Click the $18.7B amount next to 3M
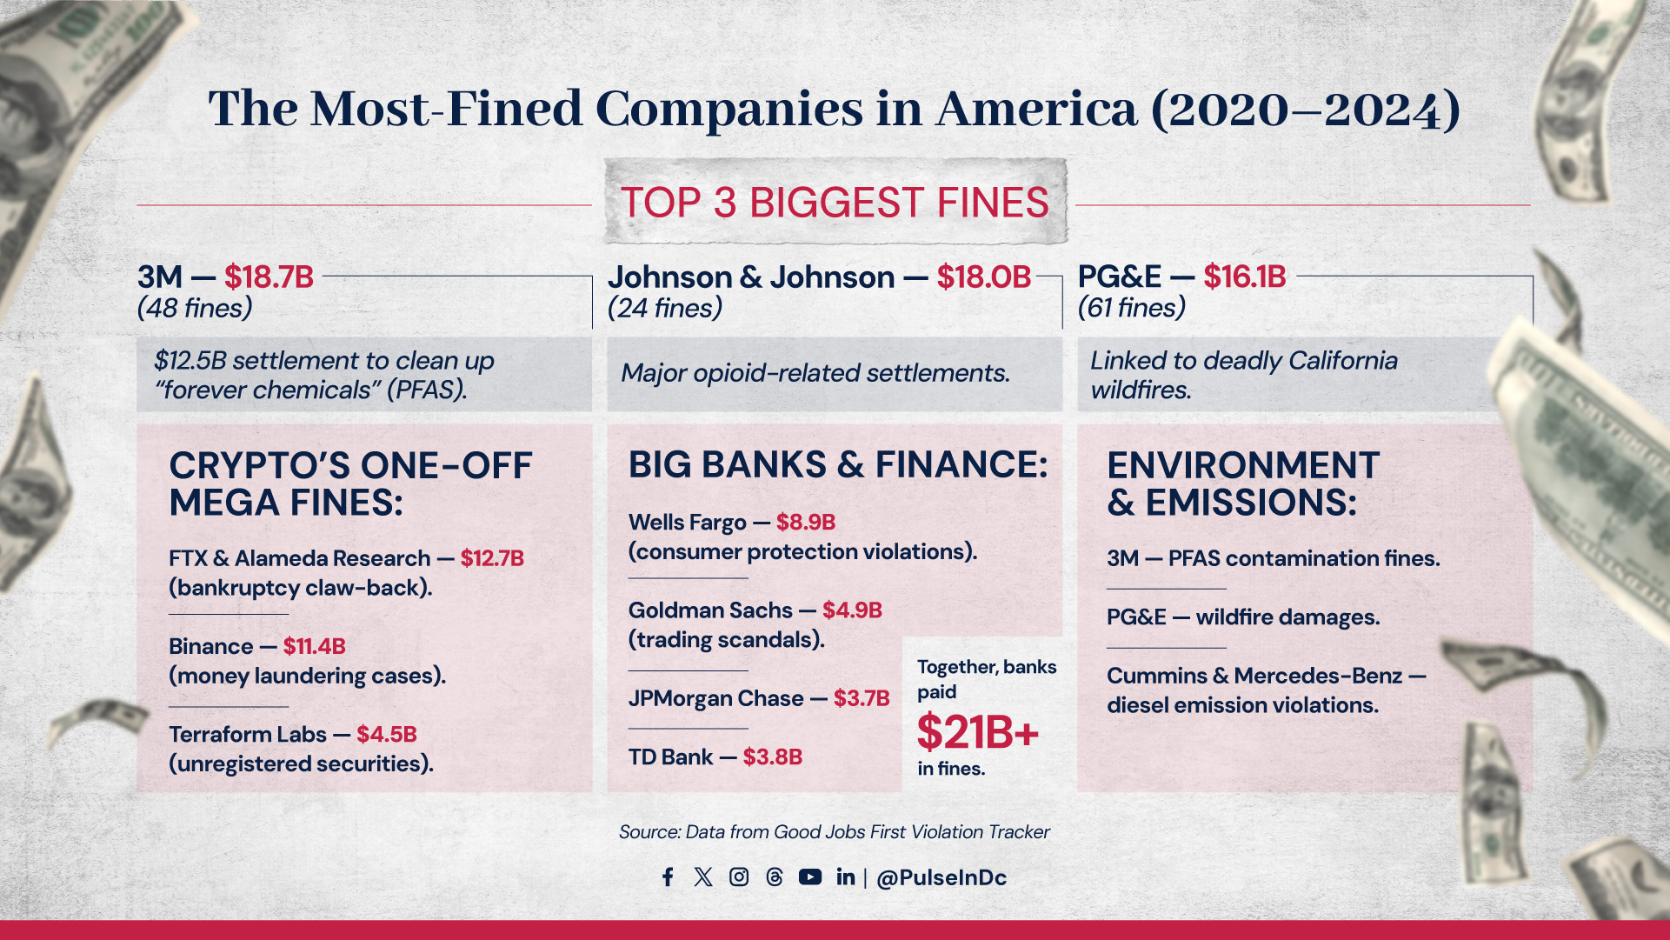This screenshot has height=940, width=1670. coord(269,277)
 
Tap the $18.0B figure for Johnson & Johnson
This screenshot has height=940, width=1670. coord(983,277)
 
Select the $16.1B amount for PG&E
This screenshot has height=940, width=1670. coord(1244,277)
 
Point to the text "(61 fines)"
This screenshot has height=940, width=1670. coord(1131,308)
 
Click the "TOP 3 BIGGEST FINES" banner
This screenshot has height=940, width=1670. coord(835,203)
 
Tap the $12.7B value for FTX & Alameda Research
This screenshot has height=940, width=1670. coord(492,558)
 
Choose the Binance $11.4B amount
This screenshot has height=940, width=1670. coord(314,646)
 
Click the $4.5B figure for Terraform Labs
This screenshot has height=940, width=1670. coord(386,734)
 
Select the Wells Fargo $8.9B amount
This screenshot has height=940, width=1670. coord(805,522)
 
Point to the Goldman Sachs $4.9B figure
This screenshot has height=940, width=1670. coord(852,610)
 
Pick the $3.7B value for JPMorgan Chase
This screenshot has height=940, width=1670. coord(861,698)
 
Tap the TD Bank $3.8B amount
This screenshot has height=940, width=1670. coord(772,757)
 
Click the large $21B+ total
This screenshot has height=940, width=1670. coord(977,731)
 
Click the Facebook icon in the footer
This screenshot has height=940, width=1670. coord(668,877)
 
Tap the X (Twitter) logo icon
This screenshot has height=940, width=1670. coord(703,877)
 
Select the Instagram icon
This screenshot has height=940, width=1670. coord(739,877)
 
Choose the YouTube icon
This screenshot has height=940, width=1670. coord(810,877)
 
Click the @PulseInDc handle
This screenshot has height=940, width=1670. coord(941,877)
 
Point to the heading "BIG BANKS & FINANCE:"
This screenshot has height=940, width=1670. coord(838,464)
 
